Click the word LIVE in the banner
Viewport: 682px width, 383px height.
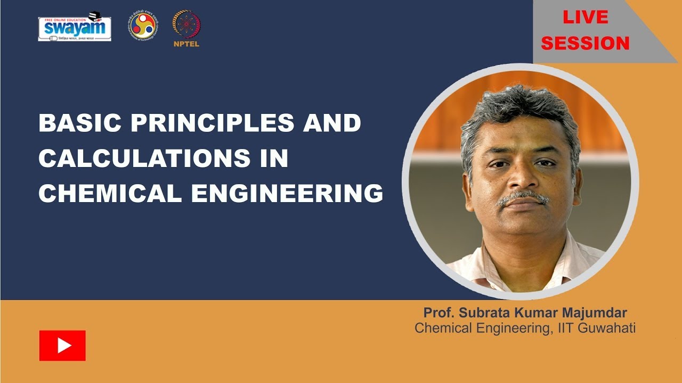(585, 18)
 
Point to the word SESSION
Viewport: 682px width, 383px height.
(585, 43)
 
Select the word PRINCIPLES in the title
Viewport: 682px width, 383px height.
(213, 123)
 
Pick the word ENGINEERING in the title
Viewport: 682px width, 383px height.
(287, 194)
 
